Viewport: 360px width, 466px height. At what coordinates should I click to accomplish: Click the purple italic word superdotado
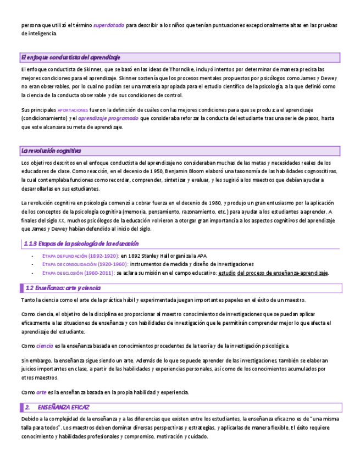pyautogui.click(x=108, y=25)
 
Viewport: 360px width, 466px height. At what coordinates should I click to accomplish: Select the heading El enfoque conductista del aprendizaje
pyautogui.click(x=70, y=57)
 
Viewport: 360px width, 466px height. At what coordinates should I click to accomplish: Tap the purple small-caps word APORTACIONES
pyautogui.click(x=73, y=110)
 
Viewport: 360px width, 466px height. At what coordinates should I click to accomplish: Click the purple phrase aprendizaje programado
pyautogui.click(x=108, y=118)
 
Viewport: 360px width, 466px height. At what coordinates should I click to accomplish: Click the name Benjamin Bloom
pyautogui.click(x=182, y=171)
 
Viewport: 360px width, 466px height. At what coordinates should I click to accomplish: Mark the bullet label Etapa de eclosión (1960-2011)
pyautogui.click(x=79, y=273)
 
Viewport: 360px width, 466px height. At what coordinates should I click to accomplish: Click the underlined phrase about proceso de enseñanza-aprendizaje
pyautogui.click(x=273, y=273)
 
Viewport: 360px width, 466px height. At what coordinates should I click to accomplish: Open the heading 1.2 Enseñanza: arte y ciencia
pyautogui.click(x=63, y=288)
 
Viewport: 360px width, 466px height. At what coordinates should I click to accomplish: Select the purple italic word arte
pyautogui.click(x=41, y=392)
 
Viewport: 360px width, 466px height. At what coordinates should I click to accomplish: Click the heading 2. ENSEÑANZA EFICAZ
pyautogui.click(x=58, y=407)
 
